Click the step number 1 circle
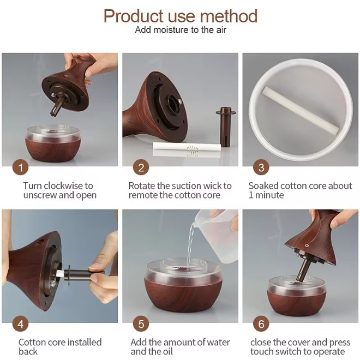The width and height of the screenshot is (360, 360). [20, 167]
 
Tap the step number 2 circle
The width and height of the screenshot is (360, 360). [141, 167]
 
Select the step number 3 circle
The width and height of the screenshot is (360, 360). [261, 167]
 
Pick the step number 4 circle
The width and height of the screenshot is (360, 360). [20, 323]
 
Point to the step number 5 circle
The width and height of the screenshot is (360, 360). [141, 323]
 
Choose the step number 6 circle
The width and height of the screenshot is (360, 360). [261, 323]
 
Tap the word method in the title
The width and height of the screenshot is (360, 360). [229, 16]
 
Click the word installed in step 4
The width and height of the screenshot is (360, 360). [84, 342]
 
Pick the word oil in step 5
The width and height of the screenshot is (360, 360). [168, 351]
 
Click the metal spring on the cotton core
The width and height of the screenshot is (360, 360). [193, 151]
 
